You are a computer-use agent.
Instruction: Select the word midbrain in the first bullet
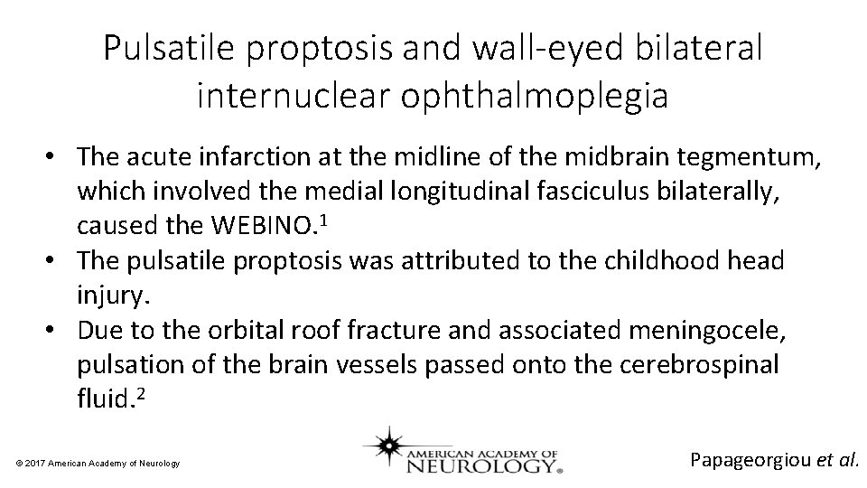coord(611,156)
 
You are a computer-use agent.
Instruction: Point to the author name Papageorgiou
coord(750,459)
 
